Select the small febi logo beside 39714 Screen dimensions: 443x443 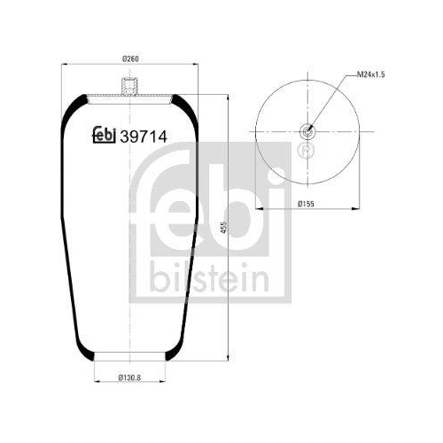[105, 135]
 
